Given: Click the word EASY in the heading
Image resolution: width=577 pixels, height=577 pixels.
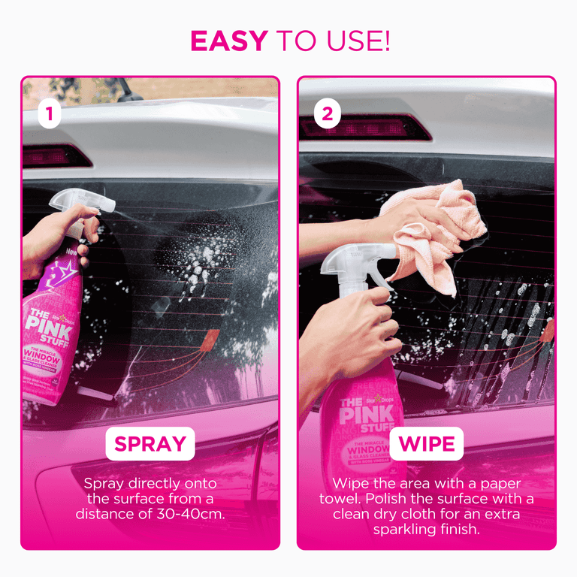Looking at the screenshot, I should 230,41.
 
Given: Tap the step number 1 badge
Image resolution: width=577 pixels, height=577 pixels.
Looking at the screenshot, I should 49,115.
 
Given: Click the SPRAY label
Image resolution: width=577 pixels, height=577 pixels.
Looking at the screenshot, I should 150,443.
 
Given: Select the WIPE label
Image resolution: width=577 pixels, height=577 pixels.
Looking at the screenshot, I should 426,443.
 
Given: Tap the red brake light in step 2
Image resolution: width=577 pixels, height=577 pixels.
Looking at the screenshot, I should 365,128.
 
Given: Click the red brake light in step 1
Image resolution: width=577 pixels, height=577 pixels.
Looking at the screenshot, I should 57,156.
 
